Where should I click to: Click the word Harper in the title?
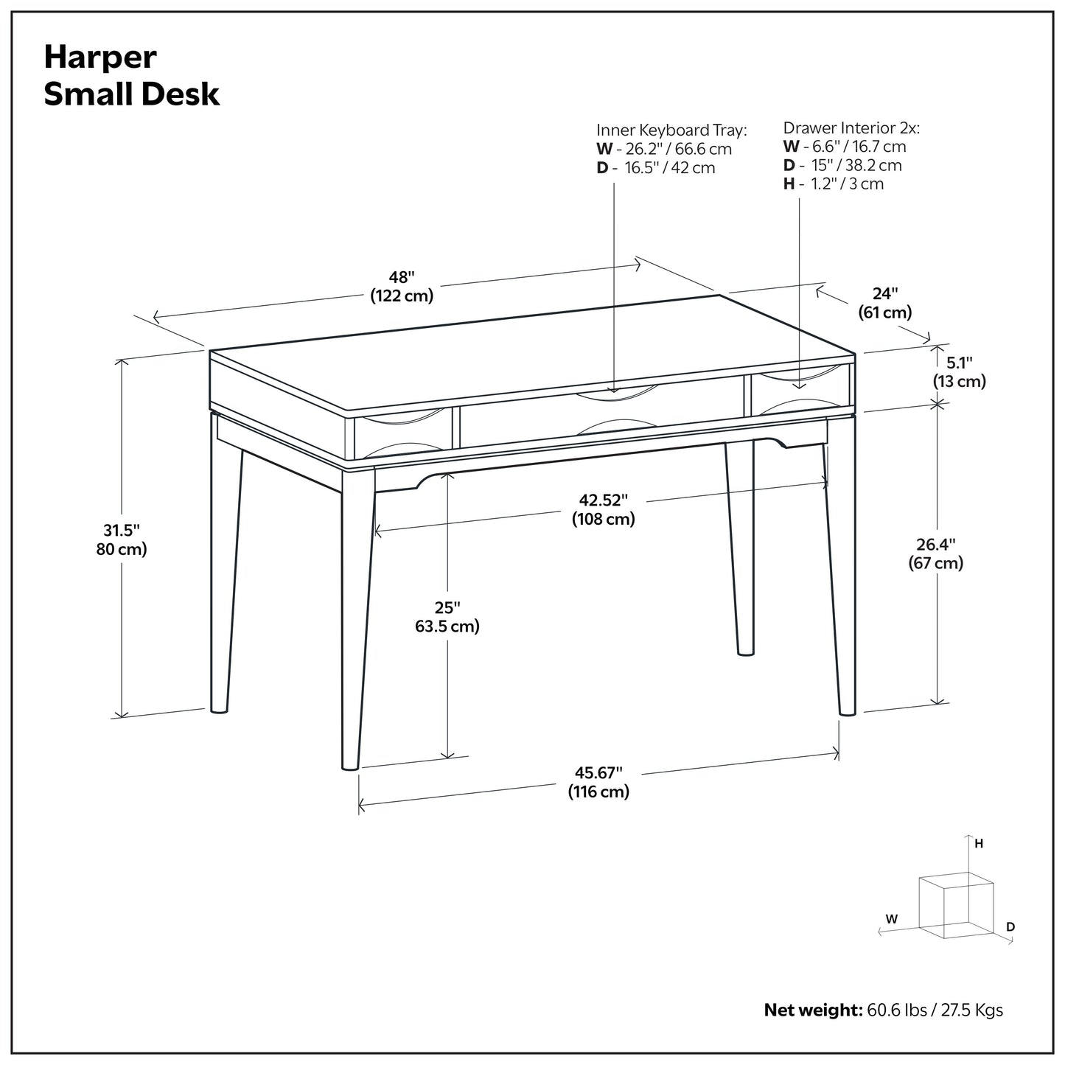(100, 57)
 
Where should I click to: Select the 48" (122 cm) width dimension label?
(402, 287)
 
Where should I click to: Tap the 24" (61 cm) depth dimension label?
(884, 303)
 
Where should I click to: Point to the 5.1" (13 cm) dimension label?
(960, 371)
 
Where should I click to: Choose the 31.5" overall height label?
(121, 540)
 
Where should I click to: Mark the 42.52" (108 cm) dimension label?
(603, 509)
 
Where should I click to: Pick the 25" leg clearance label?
(447, 617)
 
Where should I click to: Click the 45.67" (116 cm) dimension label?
(598, 782)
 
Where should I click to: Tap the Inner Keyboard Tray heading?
(671, 130)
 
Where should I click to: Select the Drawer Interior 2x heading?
(851, 128)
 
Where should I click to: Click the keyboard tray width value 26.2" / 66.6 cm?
(678, 149)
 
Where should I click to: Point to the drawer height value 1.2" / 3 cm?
(847, 184)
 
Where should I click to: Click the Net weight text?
(883, 1009)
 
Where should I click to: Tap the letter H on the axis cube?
(979, 844)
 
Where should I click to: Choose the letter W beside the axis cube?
(892, 918)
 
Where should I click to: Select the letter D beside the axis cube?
(1010, 926)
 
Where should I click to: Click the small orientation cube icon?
(955, 904)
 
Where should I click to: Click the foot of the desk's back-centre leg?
(746, 650)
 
